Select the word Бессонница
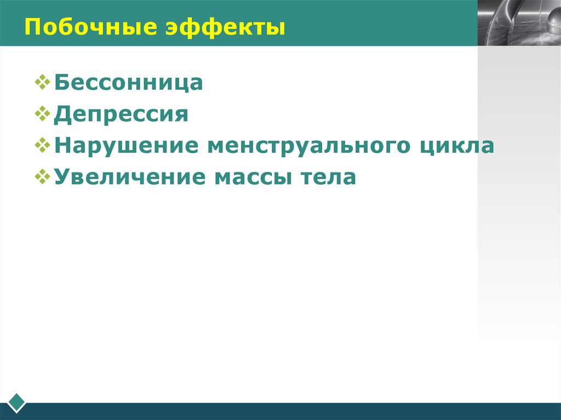click(x=129, y=83)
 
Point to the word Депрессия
click(x=121, y=115)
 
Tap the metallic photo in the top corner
click(x=519, y=22)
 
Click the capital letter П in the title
click(x=31, y=26)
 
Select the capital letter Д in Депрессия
click(x=61, y=115)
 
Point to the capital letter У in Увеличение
click(x=61, y=177)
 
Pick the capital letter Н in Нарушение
click(x=61, y=146)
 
